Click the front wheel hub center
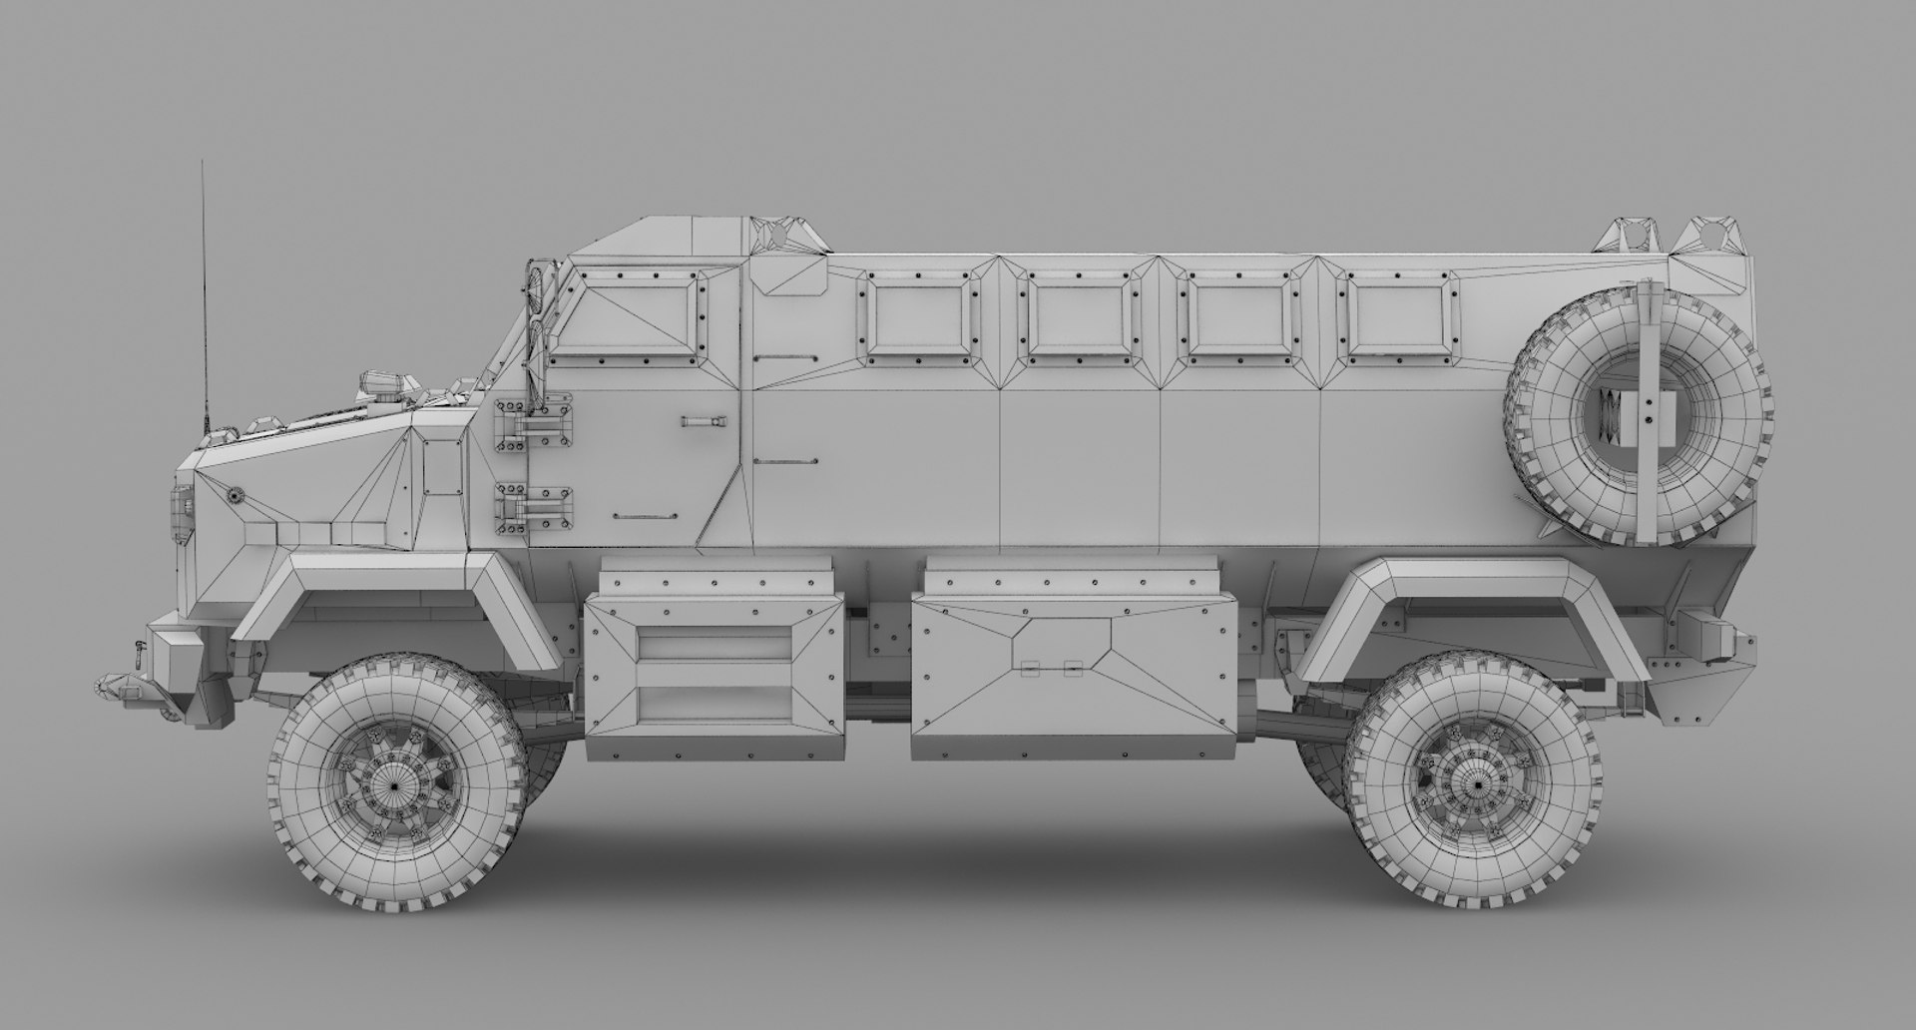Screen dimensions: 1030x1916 coord(395,785)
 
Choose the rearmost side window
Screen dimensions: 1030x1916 coord(1398,315)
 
